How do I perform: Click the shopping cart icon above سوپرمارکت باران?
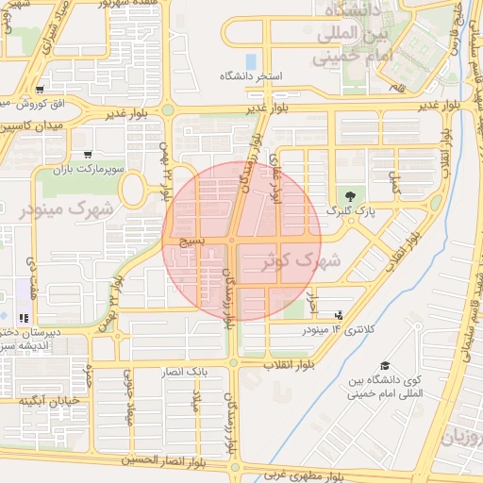tap(88, 155)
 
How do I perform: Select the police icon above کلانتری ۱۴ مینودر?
tap(339, 316)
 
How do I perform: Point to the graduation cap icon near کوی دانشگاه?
tap(384, 365)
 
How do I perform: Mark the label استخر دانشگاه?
tap(252, 75)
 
